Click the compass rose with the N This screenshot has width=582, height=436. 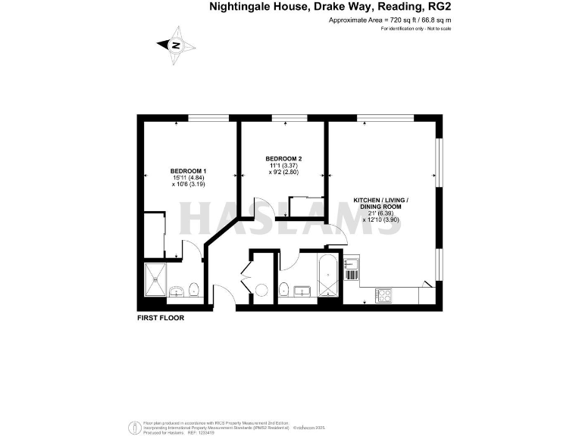click(177, 45)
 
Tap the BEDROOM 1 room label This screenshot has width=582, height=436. click(189, 170)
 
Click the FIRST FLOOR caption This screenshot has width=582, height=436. click(161, 318)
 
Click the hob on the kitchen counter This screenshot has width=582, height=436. click(383, 294)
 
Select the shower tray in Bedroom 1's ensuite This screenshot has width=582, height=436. click(155, 279)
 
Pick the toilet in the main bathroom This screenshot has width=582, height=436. click(283, 288)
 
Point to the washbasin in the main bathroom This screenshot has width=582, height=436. click(302, 291)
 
